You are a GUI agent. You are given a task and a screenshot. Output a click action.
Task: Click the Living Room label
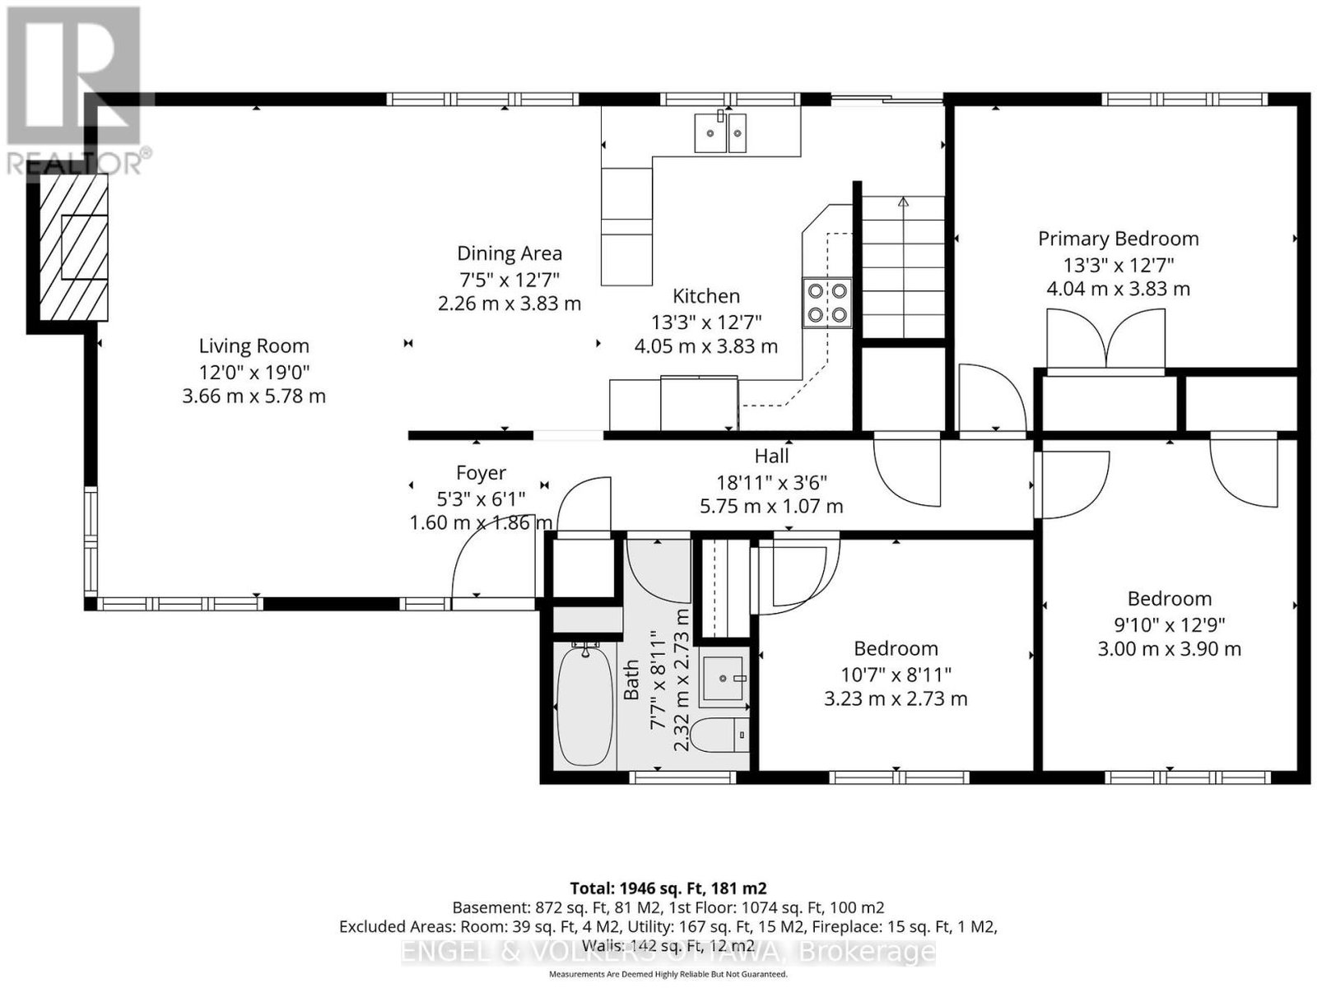(254, 346)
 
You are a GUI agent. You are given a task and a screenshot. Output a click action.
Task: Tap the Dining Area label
(510, 253)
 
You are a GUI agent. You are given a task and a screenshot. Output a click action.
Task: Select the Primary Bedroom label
(1118, 239)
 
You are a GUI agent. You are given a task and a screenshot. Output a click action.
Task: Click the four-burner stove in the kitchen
(827, 303)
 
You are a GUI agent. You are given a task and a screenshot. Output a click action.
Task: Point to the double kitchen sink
(720, 132)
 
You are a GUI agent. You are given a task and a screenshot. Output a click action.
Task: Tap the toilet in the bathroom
(719, 735)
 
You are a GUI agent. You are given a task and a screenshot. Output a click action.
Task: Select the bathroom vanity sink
(725, 678)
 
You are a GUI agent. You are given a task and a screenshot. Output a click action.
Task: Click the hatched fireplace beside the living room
(73, 247)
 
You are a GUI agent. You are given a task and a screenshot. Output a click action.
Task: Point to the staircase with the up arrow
(903, 267)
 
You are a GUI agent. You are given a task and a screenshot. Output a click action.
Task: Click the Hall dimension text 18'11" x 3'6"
(771, 481)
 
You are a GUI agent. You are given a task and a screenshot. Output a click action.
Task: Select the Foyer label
(482, 473)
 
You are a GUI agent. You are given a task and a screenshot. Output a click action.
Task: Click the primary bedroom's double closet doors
(1105, 339)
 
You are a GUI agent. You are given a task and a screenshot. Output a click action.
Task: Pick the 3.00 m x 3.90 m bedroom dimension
(1170, 649)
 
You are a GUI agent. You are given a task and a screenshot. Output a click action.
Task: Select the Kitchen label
(706, 296)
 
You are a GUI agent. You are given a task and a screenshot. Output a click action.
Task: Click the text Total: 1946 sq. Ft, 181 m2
(668, 888)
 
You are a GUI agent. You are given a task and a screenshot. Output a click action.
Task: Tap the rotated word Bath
(631, 680)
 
